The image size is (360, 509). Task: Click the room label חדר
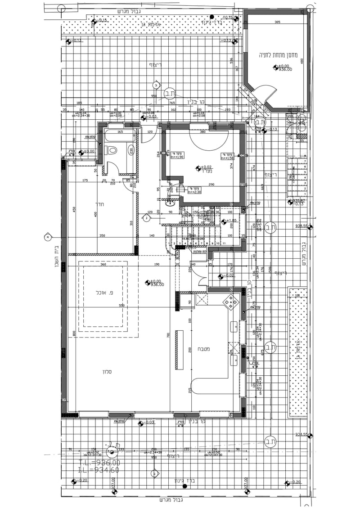[x=100, y=204]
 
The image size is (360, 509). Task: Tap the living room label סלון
[x=107, y=371]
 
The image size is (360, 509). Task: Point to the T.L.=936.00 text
[x=99, y=462]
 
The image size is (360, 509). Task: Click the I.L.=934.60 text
[x=99, y=470]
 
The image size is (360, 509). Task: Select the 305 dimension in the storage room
[x=277, y=22]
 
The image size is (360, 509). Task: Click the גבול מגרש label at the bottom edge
[x=171, y=500]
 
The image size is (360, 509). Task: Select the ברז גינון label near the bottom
[x=185, y=481]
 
